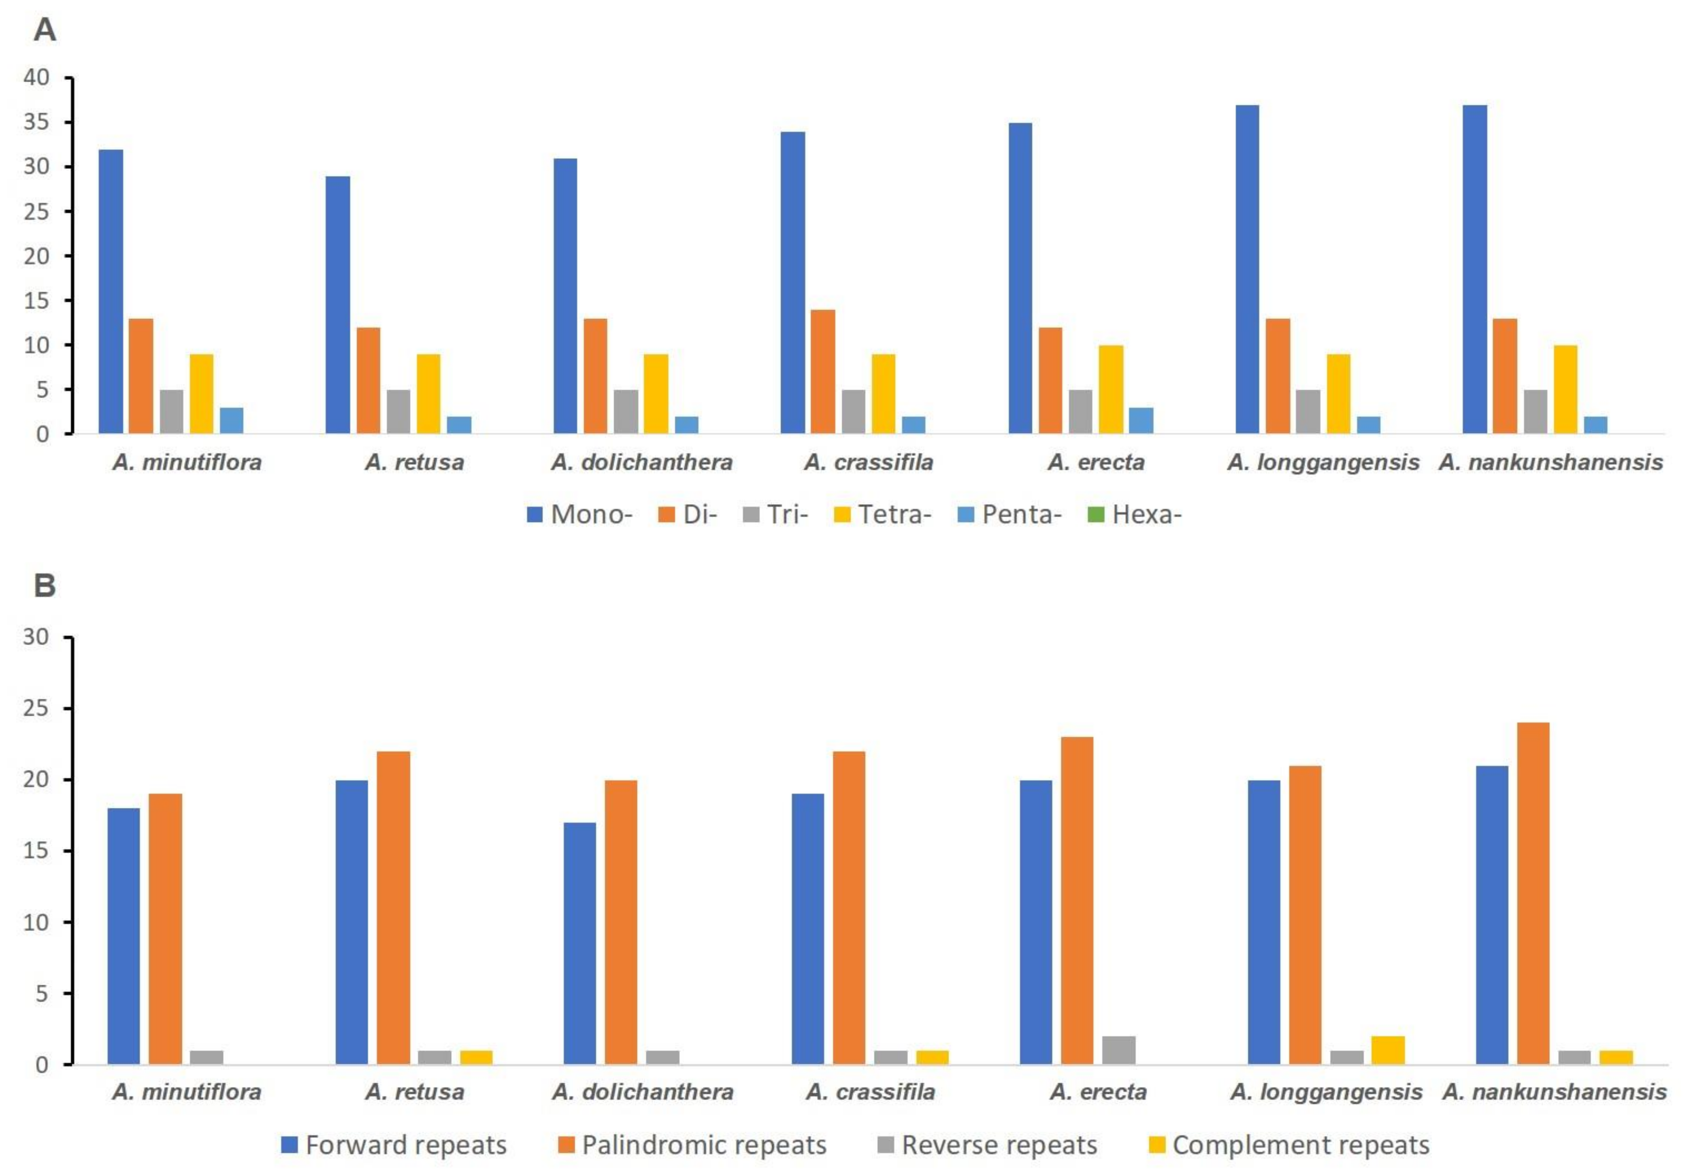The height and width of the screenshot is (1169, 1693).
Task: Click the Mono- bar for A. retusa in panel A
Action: click(x=338, y=305)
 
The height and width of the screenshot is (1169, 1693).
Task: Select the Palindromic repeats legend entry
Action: click(x=692, y=1145)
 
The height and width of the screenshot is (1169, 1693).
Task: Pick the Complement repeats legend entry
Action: click(x=1289, y=1145)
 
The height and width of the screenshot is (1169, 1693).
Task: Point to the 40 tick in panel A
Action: click(x=36, y=77)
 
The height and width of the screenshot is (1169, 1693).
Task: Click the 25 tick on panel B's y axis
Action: click(x=36, y=708)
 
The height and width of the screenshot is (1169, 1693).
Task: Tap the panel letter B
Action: click(x=45, y=586)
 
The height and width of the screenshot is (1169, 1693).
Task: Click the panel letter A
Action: click(x=45, y=31)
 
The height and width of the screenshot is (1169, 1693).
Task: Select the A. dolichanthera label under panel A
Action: click(x=641, y=462)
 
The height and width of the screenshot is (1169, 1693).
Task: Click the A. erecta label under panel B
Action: click(x=1098, y=1092)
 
